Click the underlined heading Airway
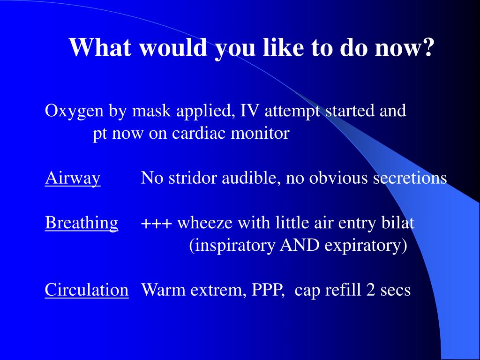click(x=73, y=179)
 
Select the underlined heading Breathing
click(x=82, y=223)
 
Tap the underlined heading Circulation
click(x=87, y=290)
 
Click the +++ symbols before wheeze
click(x=157, y=223)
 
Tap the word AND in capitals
click(x=297, y=246)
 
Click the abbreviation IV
click(x=248, y=112)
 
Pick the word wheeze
click(x=205, y=223)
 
